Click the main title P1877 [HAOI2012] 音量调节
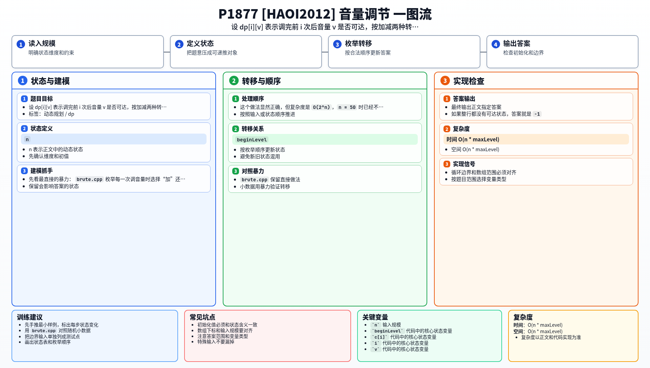pyautogui.click(x=304, y=14)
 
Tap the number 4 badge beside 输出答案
pyautogui.click(x=496, y=44)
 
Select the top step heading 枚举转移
pyautogui.click(x=358, y=44)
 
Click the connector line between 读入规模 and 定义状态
pyautogui.click(x=167, y=52)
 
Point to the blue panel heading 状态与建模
pyautogui.click(x=50, y=81)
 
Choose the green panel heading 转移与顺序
pyautogui.click(x=261, y=81)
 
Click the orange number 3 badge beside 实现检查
pyautogui.click(x=445, y=80)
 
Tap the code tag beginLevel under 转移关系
pyautogui.click(x=252, y=140)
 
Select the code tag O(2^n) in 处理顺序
pyautogui.click(x=321, y=107)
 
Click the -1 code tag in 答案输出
pyautogui.click(x=537, y=114)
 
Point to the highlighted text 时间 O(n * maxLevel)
pyautogui.click(x=473, y=139)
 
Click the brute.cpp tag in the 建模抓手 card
pyautogui.click(x=89, y=179)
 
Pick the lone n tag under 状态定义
pyautogui.click(x=27, y=139)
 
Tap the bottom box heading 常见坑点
pyautogui.click(x=202, y=317)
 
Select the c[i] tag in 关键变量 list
pyautogui.click(x=380, y=337)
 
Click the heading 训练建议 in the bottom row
pyautogui.click(x=30, y=317)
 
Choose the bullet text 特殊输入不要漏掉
pyautogui.click(x=216, y=342)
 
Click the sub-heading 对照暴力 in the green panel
pyautogui.click(x=253, y=171)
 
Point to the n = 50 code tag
pyautogui.click(x=347, y=107)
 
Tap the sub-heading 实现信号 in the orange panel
pyautogui.click(x=464, y=164)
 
